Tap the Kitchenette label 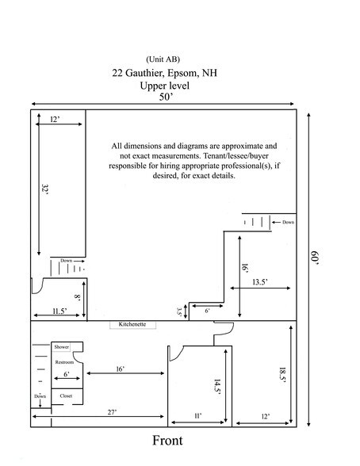(132, 324)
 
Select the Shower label (62, 347)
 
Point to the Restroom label (65, 360)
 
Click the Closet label (67, 395)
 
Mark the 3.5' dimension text (179, 311)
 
